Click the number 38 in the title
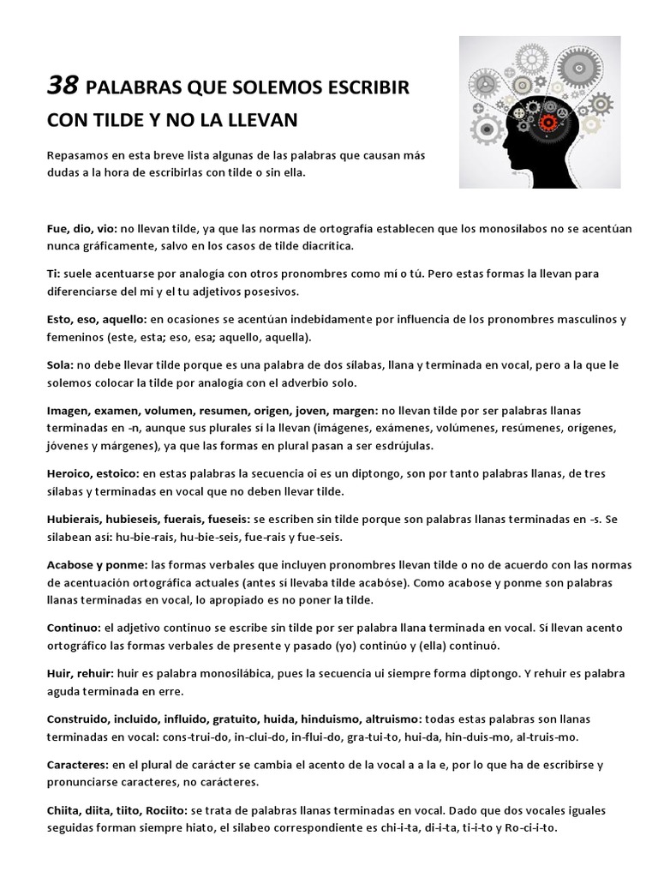pos(63,85)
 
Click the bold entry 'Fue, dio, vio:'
pos(81,229)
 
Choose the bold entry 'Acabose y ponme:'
pos(96,565)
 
